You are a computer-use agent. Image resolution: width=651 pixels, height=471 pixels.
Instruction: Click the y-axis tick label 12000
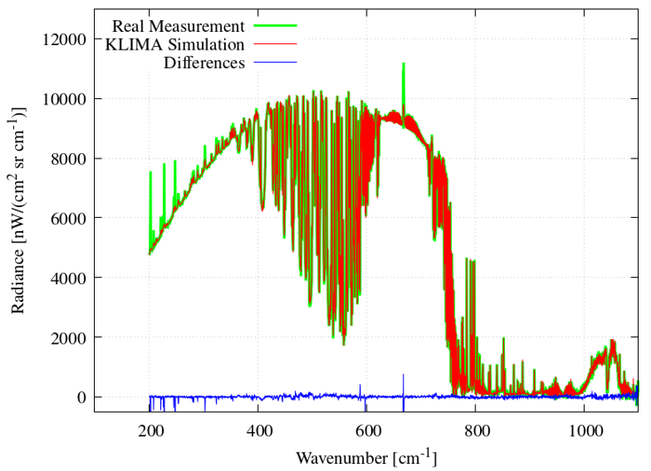[x=65, y=39]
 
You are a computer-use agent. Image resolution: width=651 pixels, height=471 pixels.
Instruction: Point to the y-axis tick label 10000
[x=65, y=98]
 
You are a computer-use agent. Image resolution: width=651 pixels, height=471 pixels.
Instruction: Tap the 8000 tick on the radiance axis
[x=68, y=158]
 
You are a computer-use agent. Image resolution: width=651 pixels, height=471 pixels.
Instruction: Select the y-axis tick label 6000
[x=68, y=218]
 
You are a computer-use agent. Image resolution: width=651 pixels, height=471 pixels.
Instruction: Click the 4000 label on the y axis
[x=68, y=278]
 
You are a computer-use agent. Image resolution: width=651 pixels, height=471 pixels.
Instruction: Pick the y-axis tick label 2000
[x=68, y=337]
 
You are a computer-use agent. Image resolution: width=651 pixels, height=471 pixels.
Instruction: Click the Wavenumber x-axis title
[x=366, y=458]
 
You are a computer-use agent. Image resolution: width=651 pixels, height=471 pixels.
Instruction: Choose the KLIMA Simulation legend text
[x=174, y=43]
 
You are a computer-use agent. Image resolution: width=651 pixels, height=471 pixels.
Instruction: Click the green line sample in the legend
[x=274, y=25]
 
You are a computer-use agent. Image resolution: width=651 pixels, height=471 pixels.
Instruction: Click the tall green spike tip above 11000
[x=403, y=65]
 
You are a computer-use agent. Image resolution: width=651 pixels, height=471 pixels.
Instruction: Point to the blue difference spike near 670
[x=403, y=377]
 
